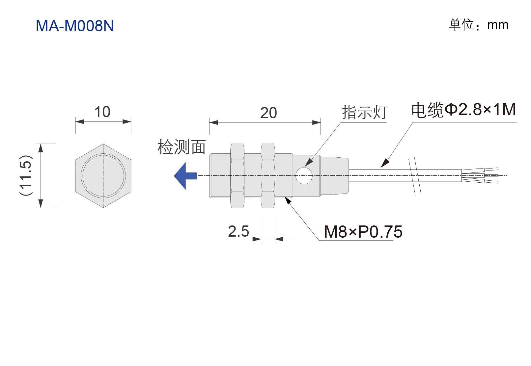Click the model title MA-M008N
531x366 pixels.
(75, 26)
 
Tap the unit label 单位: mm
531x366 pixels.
(478, 25)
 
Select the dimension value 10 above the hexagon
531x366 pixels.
(102, 112)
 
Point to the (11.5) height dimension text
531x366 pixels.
(26, 175)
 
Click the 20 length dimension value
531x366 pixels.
(268, 113)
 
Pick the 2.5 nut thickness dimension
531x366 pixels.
(238, 231)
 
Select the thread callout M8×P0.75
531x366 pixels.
(363, 232)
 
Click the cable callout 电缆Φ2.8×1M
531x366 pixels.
(463, 110)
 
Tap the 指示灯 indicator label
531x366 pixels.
(365, 112)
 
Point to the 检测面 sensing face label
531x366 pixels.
(182, 147)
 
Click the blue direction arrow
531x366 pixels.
(185, 176)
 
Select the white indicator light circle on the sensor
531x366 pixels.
(304, 175)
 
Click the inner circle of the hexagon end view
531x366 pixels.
(103, 175)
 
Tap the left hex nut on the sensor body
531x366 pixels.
(237, 175)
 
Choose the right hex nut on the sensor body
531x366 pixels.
(268, 175)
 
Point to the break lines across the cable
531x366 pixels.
(415, 176)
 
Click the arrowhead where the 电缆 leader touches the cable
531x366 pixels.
(385, 163)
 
